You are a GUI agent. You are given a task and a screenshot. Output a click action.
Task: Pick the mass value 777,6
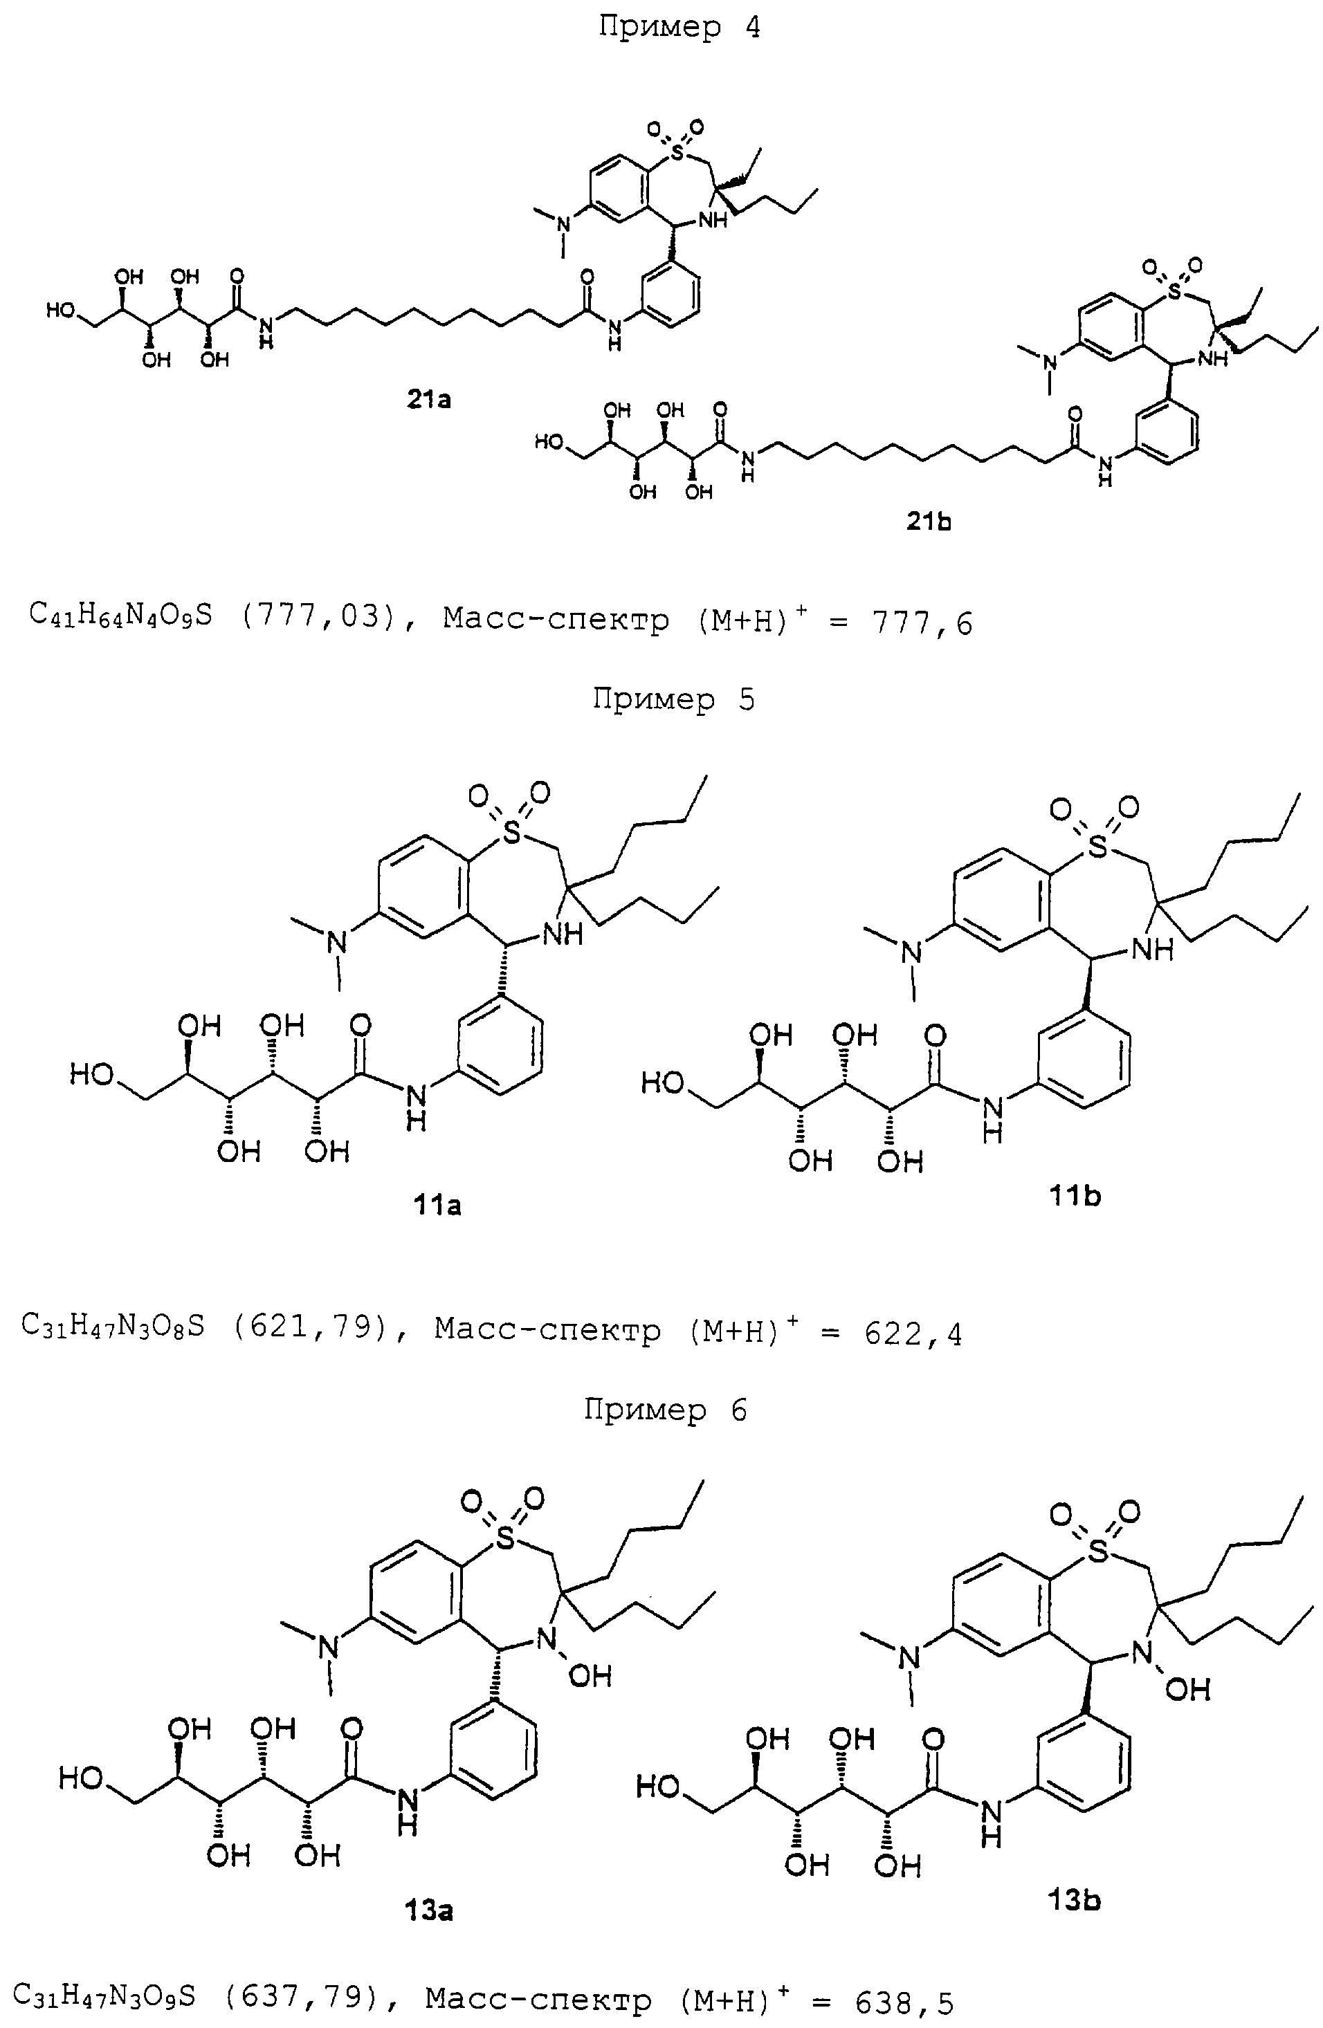tap(922, 624)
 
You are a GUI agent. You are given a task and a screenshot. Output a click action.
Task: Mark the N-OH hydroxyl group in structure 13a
tap(590, 1676)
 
